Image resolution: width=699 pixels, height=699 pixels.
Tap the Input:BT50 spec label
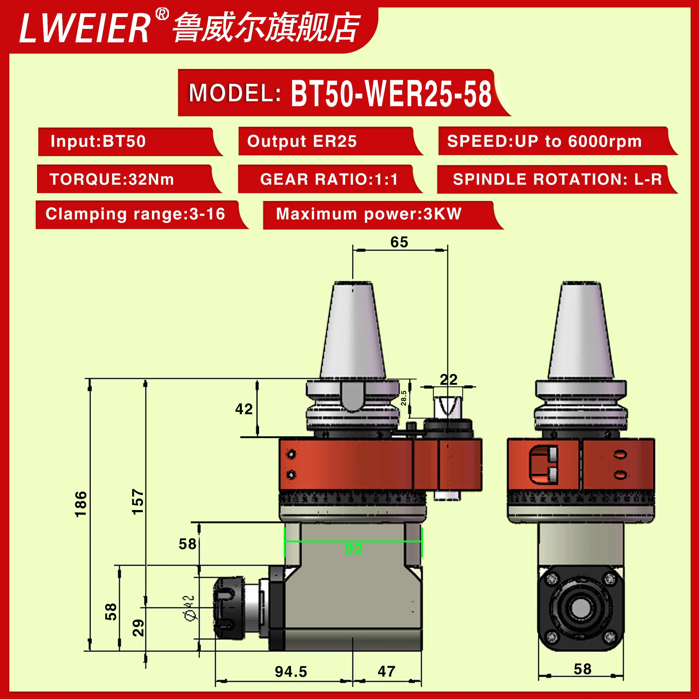[98, 141]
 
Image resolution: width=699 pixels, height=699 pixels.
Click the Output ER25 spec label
[302, 141]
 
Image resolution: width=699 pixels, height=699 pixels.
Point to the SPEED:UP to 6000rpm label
[544, 141]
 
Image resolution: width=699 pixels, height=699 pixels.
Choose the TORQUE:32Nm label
[112, 179]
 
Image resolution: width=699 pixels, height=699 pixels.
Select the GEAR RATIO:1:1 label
[329, 179]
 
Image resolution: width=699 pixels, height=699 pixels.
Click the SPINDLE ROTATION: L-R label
[557, 179]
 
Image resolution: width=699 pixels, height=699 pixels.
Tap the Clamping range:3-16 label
[135, 214]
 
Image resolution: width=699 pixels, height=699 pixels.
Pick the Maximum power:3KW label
[369, 214]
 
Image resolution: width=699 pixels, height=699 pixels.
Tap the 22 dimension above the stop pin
[449, 380]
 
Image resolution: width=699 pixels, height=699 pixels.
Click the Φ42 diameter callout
[190, 608]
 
